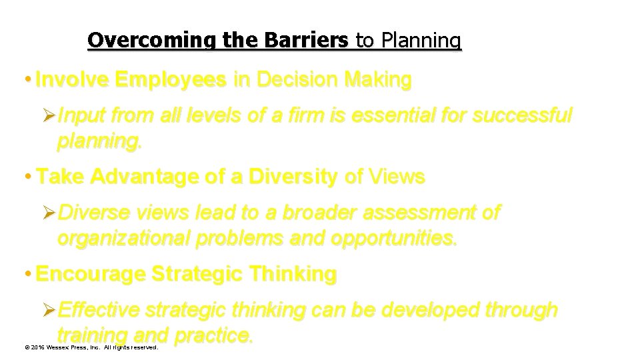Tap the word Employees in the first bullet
tap(170, 81)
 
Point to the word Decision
tap(293, 81)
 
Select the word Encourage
tap(91, 274)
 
